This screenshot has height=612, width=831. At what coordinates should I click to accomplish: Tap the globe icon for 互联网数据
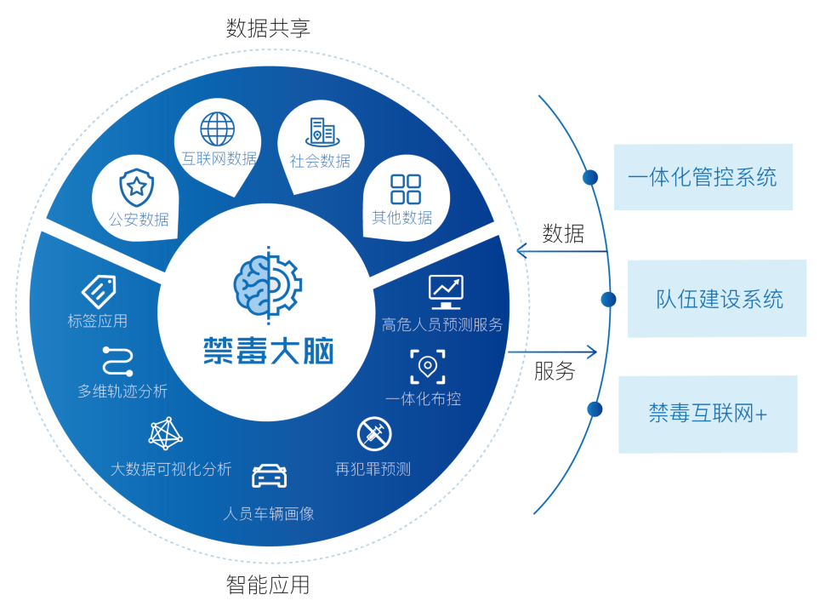[x=217, y=129]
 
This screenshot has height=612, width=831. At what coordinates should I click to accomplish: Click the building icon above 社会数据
[x=321, y=131]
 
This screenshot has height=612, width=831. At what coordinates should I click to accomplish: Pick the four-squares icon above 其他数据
[x=405, y=188]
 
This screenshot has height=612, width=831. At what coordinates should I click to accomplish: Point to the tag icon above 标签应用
[x=98, y=292]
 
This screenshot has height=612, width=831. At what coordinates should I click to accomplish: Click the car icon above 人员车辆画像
[x=269, y=475]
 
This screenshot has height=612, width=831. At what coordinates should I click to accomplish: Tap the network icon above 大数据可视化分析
[x=166, y=433]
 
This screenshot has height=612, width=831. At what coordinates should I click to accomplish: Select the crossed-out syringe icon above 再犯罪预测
[x=373, y=433]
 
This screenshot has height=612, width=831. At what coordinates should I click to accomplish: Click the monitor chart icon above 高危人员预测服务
[x=445, y=291]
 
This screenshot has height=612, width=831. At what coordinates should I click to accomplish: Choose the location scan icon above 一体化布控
[x=427, y=366]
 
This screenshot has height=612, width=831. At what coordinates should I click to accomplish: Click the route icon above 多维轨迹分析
[x=116, y=360]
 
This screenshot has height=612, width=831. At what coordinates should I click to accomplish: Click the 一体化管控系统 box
[x=703, y=177]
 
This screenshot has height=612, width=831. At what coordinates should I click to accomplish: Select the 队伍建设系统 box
[x=716, y=299]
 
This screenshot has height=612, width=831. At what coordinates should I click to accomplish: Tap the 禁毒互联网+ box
[x=707, y=414]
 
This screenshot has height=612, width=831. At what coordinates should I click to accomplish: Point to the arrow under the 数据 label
[x=561, y=251]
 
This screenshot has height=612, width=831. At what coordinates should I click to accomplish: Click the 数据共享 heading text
[x=268, y=28]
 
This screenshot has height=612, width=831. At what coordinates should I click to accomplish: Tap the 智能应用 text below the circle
[x=268, y=585]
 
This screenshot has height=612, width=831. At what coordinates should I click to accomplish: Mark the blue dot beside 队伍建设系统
[x=608, y=299]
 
